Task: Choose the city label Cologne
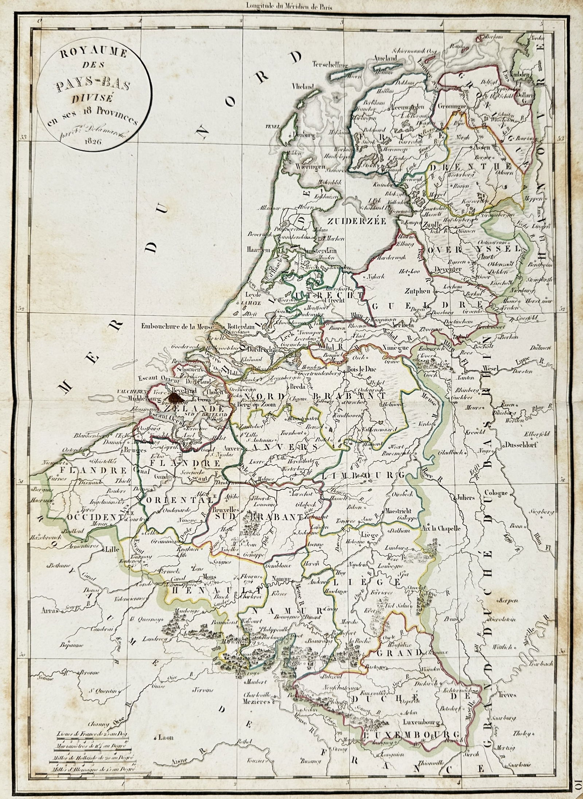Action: (496, 493)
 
